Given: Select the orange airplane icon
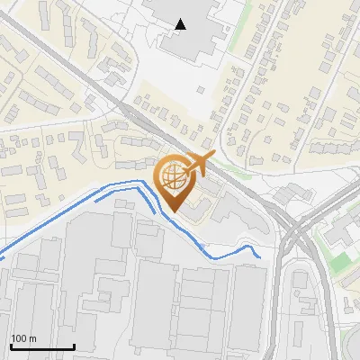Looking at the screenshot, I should tap(197, 166).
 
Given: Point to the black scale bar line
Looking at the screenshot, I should tap(42, 346).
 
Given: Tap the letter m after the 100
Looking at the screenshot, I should tap(32, 338).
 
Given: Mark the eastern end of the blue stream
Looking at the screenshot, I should tap(260, 256).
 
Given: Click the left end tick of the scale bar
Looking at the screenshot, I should tap(11, 346).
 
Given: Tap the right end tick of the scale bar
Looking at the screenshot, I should tap(74, 346).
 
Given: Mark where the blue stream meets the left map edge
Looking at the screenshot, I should tap(1, 257).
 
